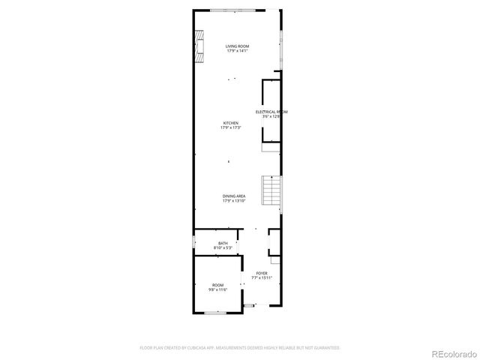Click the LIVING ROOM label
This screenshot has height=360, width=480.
tap(238, 46)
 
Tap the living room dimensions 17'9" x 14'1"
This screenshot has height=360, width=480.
tap(238, 51)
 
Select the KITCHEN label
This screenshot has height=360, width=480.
tap(231, 123)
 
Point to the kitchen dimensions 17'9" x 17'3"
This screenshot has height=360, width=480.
tap(231, 127)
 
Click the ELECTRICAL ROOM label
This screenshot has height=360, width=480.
tap(271, 112)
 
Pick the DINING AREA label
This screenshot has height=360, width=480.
tap(234, 196)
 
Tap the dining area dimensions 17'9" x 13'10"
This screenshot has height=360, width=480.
tap(234, 201)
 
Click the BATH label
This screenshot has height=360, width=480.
tap(223, 243)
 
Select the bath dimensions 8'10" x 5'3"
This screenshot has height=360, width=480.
tap(223, 247)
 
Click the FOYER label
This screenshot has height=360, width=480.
tap(261, 273)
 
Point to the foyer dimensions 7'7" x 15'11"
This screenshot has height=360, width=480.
tap(261, 277)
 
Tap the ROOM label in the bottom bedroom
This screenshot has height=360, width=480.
tap(217, 285)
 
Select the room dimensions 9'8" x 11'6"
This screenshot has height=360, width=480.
tap(217, 289)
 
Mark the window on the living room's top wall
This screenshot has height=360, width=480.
tap(237, 10)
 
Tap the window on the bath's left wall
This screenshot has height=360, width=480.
tap(194, 243)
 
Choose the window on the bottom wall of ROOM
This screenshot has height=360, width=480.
tap(216, 312)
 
